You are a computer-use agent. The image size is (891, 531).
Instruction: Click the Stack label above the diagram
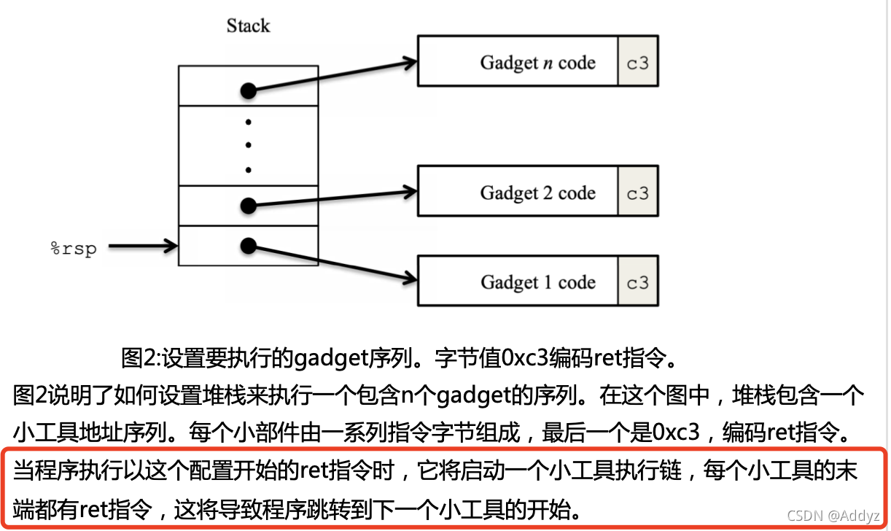[x=248, y=26]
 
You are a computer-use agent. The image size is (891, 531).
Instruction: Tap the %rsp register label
[x=73, y=248]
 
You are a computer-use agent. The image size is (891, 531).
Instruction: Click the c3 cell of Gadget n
[x=638, y=62]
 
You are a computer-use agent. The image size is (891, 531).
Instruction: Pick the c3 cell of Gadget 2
[x=638, y=193]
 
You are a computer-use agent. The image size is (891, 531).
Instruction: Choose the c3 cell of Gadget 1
[x=638, y=282]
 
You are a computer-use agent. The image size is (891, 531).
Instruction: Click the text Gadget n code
[x=537, y=63]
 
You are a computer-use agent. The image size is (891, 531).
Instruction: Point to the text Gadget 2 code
[x=537, y=193]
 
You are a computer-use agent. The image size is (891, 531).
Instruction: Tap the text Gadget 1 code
[x=537, y=283]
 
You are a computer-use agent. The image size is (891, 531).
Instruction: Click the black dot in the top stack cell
[x=248, y=91]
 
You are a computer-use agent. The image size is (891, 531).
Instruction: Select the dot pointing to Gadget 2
[x=248, y=206]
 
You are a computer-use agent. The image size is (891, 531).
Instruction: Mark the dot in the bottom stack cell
[x=248, y=246]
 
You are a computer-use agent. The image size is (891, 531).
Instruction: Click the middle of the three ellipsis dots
[x=248, y=145]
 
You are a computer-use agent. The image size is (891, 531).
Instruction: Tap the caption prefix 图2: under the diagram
[x=140, y=358]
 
